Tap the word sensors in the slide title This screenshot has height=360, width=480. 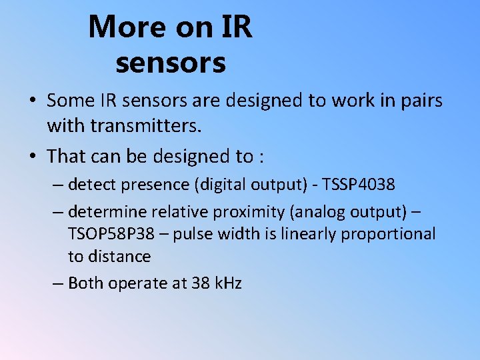tap(171, 63)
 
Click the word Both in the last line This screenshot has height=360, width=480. tap(85, 283)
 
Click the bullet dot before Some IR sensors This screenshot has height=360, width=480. tap(32, 101)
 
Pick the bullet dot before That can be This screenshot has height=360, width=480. tap(32, 157)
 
